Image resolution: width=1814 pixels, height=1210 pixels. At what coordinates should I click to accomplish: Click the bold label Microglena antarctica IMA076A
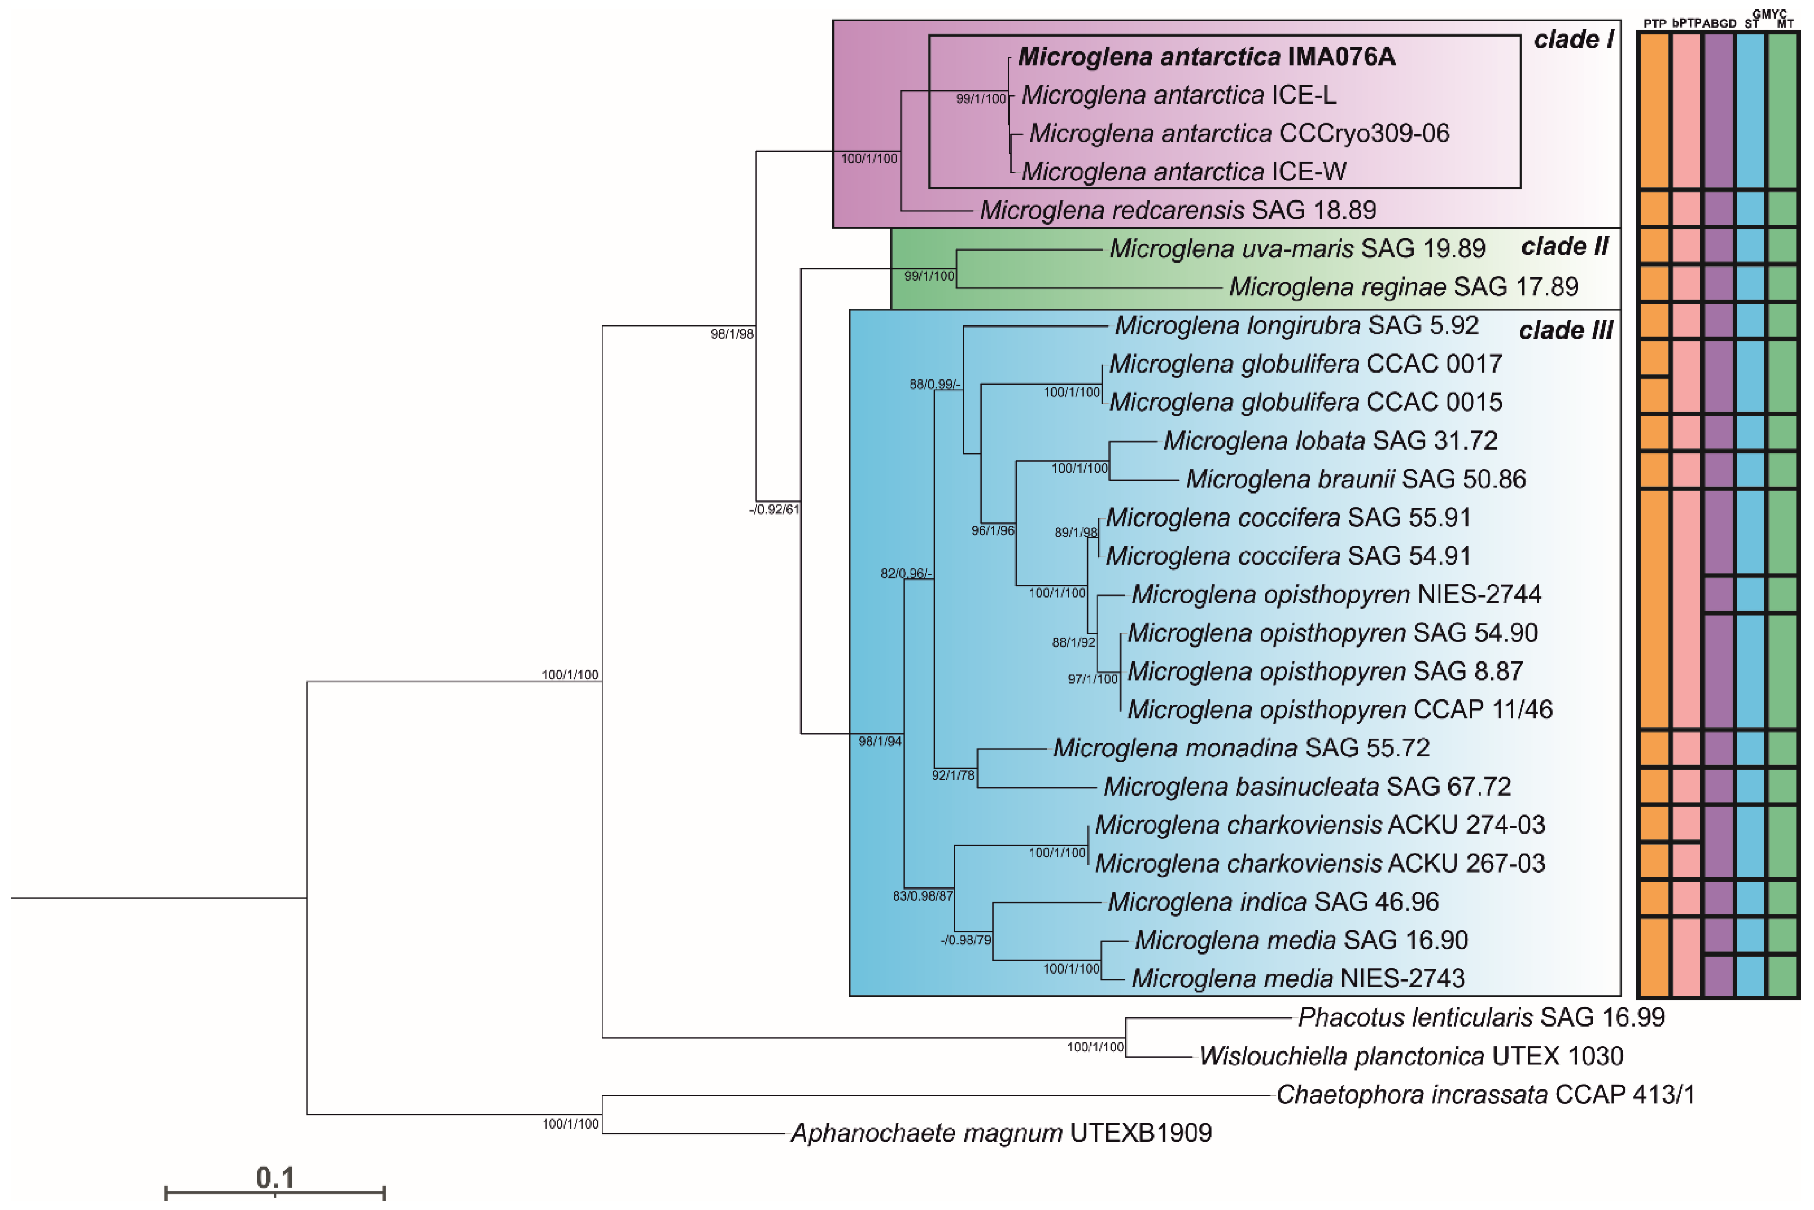(x=1206, y=57)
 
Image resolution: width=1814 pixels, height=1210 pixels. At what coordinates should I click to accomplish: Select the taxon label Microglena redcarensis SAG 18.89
(x=1178, y=210)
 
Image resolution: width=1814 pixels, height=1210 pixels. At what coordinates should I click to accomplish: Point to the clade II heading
(x=1564, y=247)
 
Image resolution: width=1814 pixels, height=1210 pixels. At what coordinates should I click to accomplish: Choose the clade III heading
(x=1566, y=330)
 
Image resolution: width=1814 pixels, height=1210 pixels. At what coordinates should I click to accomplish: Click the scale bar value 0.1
(x=275, y=1178)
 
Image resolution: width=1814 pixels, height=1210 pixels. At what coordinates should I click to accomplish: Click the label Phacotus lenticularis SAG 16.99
(x=1480, y=1017)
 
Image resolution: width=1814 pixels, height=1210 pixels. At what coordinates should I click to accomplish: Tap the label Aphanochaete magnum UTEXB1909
(x=1001, y=1133)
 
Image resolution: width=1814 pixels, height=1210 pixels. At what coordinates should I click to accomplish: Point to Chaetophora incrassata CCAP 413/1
(x=1485, y=1094)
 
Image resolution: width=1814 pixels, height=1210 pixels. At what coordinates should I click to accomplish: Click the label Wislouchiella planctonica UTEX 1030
(x=1410, y=1056)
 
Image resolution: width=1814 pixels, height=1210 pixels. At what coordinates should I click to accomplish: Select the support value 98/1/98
(x=732, y=334)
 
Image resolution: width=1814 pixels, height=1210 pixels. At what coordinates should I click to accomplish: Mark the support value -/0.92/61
(x=775, y=509)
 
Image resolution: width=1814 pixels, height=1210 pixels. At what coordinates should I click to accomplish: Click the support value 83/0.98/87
(x=922, y=896)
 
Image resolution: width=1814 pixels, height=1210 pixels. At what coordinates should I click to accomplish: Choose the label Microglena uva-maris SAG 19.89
(x=1297, y=249)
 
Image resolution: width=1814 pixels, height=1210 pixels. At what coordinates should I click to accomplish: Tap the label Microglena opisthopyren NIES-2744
(x=1335, y=594)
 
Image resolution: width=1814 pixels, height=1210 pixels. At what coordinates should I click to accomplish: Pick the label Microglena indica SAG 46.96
(x=1273, y=901)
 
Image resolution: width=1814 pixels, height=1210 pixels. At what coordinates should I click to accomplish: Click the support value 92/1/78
(x=953, y=775)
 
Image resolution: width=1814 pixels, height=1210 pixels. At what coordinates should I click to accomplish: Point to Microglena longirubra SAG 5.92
(x=1296, y=325)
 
